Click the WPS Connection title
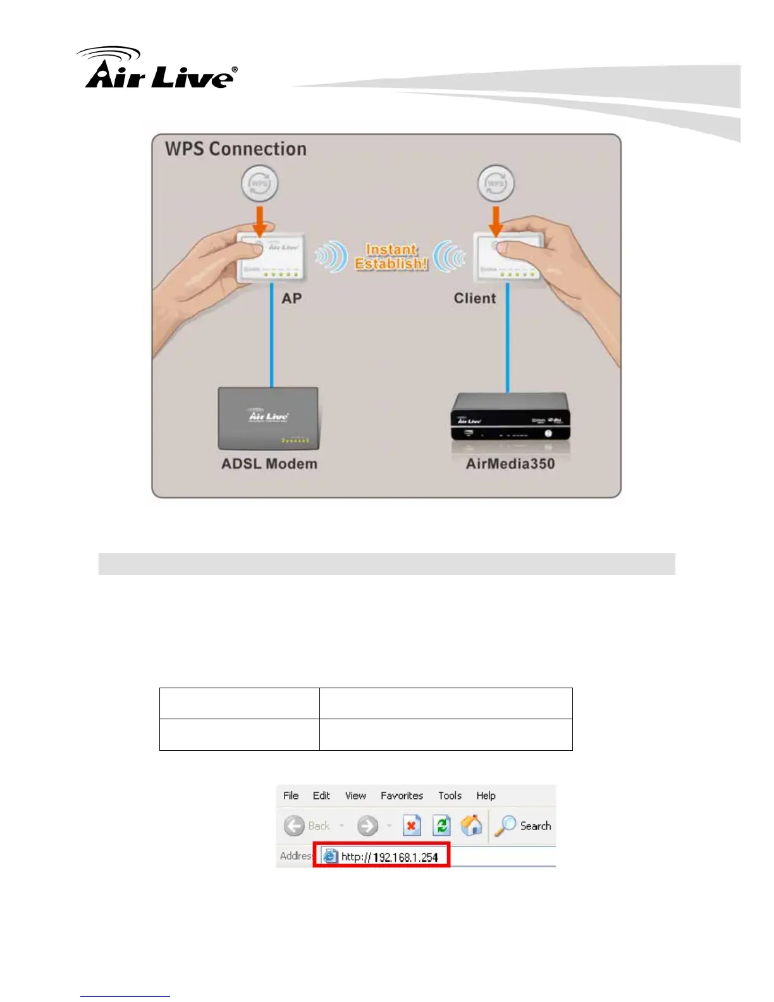pos(235,149)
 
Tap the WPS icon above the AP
pos(259,183)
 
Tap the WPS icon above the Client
pos(495,183)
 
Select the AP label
pos(292,299)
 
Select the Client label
pos(474,299)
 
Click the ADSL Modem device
pos(268,417)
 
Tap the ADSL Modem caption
pos(269,464)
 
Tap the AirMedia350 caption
pos(510,464)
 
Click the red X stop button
pos(412,826)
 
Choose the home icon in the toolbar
pos(471,826)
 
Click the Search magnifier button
pos(506,826)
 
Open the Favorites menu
pos(402,796)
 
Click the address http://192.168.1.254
pos(389,857)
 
